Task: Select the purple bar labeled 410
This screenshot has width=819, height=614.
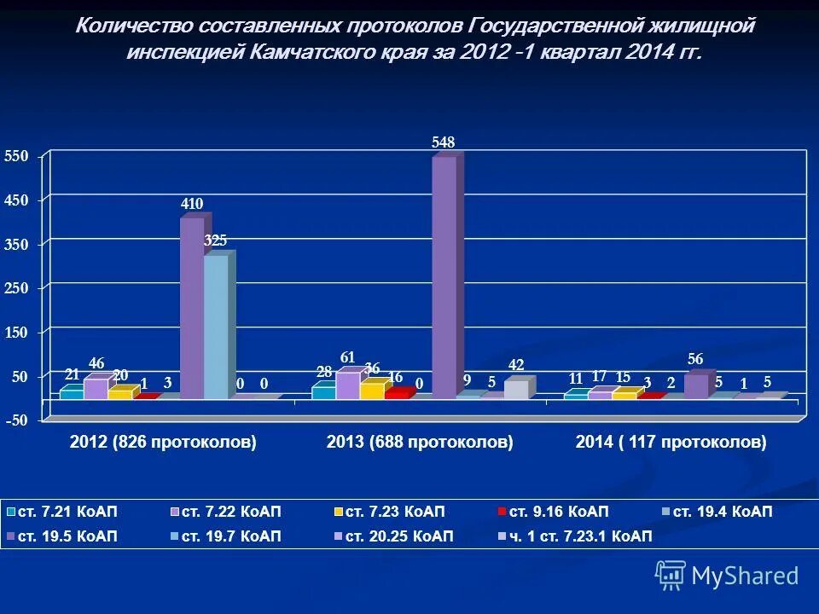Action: tap(192, 307)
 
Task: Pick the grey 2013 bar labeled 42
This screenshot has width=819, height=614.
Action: tap(516, 389)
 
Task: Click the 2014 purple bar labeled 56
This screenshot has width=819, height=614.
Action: tap(696, 385)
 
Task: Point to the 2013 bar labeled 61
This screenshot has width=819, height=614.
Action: tap(347, 385)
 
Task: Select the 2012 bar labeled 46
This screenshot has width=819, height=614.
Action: tap(96, 388)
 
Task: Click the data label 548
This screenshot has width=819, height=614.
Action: tap(444, 142)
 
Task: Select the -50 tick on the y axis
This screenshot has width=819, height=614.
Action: tap(17, 420)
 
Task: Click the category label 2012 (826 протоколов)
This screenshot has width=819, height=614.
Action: tap(163, 443)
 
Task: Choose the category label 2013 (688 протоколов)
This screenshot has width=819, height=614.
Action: tap(420, 443)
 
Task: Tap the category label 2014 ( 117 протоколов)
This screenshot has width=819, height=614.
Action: tap(671, 443)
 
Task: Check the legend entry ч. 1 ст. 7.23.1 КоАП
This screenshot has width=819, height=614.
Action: tap(580, 536)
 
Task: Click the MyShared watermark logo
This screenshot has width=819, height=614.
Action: tap(727, 576)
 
